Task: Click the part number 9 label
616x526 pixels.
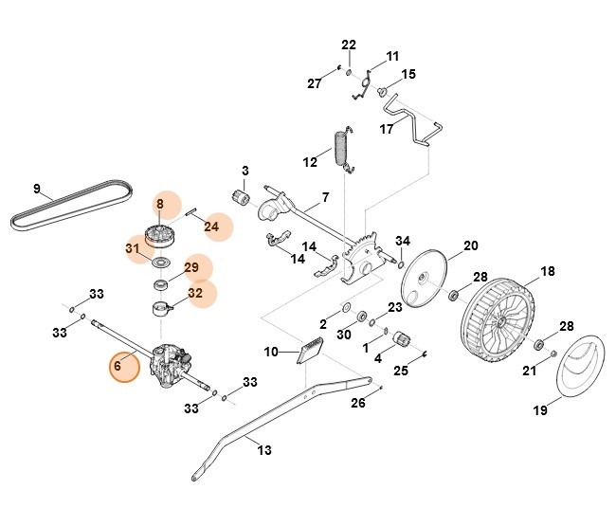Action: pos(37,188)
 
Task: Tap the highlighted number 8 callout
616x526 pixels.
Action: pos(160,204)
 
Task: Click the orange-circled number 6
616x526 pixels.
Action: pos(118,366)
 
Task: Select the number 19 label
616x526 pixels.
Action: pos(539,411)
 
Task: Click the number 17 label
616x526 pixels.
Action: pos(387,129)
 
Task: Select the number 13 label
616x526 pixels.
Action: pos(264,449)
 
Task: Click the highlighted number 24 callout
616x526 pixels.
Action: pos(211,227)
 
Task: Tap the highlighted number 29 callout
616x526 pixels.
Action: pos(191,268)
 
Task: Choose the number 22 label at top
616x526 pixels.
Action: pos(349,45)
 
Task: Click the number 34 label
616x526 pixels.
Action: pos(403,240)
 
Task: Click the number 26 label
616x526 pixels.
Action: pos(357,404)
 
